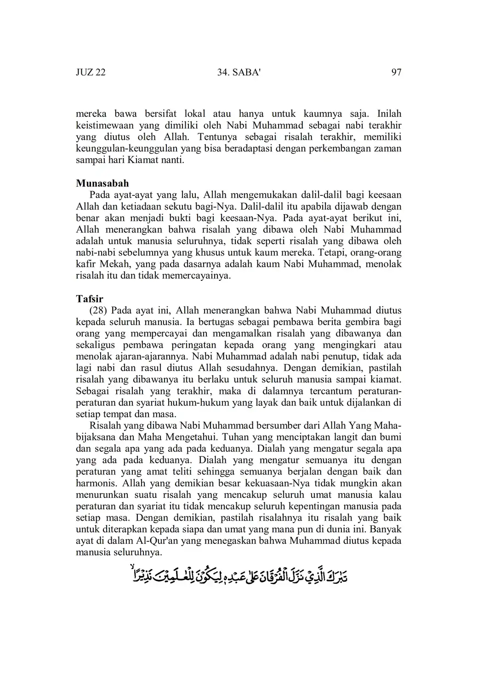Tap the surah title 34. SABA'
click(x=238, y=73)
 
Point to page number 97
click(x=396, y=73)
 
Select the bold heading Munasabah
click(x=102, y=183)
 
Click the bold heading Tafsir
click(x=90, y=299)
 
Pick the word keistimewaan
click(x=104, y=125)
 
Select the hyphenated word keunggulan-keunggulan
click(x=127, y=148)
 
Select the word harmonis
click(x=95, y=483)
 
